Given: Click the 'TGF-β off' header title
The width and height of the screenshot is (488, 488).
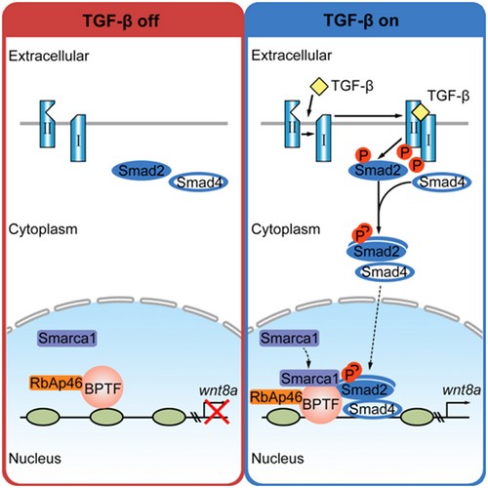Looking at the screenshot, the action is tap(121, 20).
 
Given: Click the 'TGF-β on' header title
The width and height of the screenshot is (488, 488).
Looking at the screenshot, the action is tap(361, 20).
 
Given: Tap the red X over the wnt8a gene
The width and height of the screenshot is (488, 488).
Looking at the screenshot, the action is tap(217, 412).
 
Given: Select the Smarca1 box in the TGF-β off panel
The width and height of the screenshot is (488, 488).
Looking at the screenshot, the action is tap(67, 339).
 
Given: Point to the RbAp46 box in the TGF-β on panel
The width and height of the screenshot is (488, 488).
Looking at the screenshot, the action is tap(276, 397).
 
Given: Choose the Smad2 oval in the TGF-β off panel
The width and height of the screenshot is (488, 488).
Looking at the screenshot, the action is tap(142, 171).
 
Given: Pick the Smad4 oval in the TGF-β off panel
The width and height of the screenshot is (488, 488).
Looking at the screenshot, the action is tap(198, 183).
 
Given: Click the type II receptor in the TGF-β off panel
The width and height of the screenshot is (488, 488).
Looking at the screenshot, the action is tap(47, 124).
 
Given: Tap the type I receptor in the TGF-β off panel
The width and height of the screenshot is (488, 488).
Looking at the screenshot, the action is tap(78, 139).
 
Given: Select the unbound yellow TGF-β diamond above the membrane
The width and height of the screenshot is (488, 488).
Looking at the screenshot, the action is tap(319, 86).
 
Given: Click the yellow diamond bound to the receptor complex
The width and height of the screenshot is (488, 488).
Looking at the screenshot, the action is tap(421, 112).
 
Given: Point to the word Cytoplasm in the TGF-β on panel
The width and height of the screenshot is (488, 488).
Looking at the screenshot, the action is tap(286, 229).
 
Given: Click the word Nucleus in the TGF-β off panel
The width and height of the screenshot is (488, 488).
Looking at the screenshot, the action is tap(35, 459).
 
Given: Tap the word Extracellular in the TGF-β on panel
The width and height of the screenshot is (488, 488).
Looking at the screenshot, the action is tap(291, 56).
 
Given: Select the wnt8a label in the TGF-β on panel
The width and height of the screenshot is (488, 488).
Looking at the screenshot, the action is tap(462, 390).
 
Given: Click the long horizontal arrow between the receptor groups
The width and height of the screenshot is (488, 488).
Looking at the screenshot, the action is tap(369, 116).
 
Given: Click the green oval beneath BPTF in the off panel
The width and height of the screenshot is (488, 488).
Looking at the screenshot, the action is tap(106, 417).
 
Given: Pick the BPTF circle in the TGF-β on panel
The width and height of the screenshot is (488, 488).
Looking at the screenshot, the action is tap(321, 403).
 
